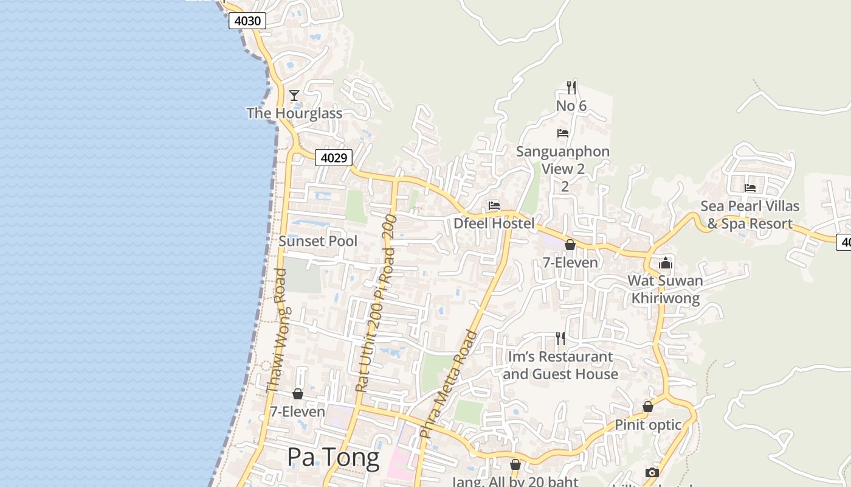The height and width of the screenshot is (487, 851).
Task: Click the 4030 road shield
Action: point(247,21)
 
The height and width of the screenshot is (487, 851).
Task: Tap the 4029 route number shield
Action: point(334,158)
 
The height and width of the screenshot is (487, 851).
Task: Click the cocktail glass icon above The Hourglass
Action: point(294,96)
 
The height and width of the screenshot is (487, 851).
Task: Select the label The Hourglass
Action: point(294,113)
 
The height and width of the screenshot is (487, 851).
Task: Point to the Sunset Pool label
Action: point(318,241)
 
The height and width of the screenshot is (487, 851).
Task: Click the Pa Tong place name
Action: point(333,457)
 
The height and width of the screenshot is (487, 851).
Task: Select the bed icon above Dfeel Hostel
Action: point(494,206)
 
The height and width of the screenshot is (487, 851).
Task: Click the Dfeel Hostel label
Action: point(494,223)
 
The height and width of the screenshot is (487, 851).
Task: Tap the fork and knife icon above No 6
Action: point(571,87)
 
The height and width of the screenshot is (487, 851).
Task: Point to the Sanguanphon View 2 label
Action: point(563,160)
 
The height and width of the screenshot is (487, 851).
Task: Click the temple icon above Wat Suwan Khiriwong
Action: point(666,263)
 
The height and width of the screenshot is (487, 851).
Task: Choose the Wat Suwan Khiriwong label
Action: point(666,290)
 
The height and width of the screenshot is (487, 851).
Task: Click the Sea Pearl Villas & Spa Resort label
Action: point(749,215)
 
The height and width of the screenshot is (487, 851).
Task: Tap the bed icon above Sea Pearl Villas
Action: point(750,188)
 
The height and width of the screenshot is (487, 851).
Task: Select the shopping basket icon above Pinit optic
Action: point(648,407)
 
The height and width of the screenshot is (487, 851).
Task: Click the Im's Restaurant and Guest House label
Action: point(560,365)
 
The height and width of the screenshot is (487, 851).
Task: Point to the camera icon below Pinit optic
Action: point(652,472)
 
